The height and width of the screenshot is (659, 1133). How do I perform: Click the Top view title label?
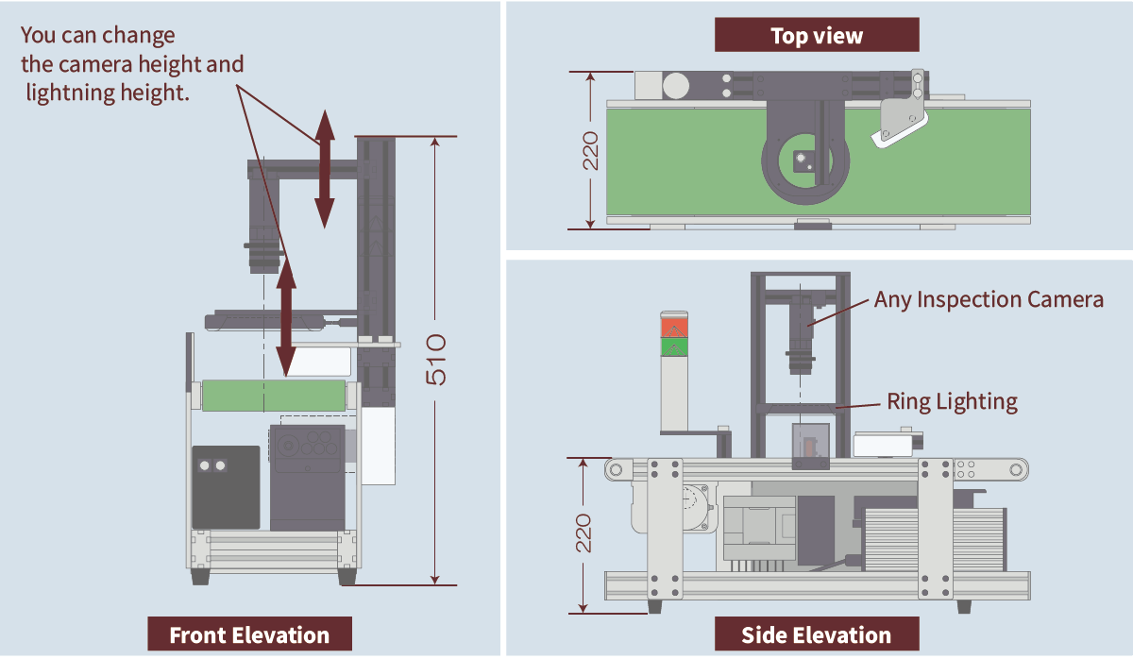(x=817, y=36)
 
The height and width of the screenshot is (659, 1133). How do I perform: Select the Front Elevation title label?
(x=249, y=634)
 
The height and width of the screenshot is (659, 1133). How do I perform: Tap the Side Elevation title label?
(x=816, y=634)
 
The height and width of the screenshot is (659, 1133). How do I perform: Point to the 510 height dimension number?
(x=436, y=359)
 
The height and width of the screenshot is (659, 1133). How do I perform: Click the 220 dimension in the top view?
(x=590, y=150)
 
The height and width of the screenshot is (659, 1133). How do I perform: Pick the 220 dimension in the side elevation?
(x=584, y=533)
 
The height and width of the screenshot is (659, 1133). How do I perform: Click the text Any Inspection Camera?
(x=989, y=299)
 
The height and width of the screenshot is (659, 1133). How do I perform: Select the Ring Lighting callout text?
(x=952, y=401)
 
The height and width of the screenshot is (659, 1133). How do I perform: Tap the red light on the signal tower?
(x=674, y=327)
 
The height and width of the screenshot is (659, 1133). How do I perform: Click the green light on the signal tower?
(x=674, y=346)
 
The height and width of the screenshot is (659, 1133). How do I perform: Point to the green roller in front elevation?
(x=274, y=395)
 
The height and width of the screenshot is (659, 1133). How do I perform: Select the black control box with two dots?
(x=226, y=487)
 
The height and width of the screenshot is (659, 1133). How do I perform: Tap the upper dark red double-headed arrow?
(x=324, y=169)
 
